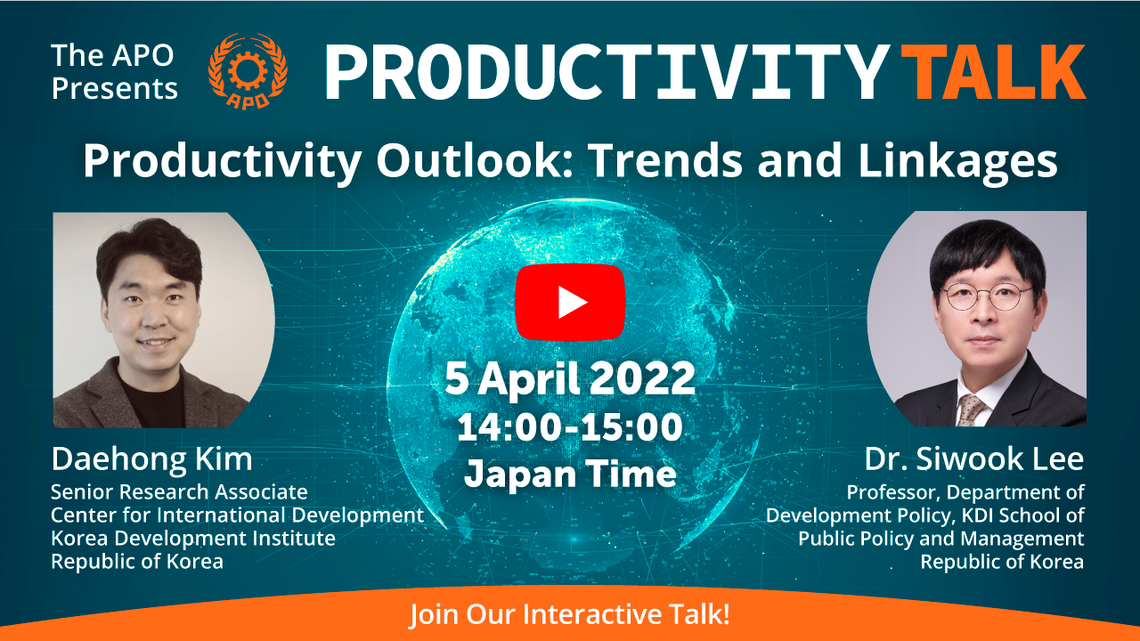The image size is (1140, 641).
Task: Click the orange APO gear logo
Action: coord(248,71)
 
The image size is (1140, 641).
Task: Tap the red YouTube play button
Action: coord(570,302)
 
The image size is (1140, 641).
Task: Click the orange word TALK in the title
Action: coord(993,72)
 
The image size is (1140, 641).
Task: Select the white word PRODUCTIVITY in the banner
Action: coord(607,72)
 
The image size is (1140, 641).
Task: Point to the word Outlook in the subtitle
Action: coord(476,161)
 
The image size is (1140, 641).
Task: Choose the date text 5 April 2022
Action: coord(570,379)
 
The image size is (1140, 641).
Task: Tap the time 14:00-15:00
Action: coord(570,427)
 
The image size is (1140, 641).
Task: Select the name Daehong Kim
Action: coord(151,459)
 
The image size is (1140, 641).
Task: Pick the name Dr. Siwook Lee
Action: coord(974,459)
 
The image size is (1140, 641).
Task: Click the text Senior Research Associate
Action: coord(179,492)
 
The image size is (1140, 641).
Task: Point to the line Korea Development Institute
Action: coord(193,539)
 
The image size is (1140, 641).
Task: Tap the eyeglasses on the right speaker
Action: coord(985,297)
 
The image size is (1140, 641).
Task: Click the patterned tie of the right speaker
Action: coord(971,410)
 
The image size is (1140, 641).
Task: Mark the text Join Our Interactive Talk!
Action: coord(570,614)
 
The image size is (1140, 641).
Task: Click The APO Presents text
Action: coord(114,72)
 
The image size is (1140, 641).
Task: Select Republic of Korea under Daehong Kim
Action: coord(137,562)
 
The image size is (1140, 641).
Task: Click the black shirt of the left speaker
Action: coord(152,402)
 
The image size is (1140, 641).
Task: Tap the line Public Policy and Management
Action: coord(941,539)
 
